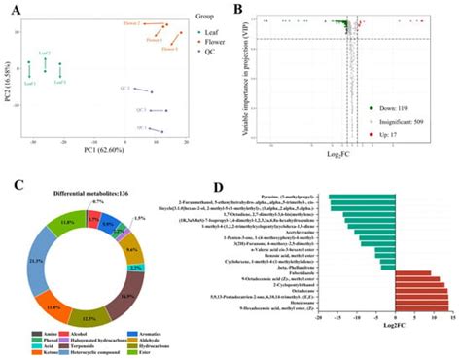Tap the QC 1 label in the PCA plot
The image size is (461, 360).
pos(141,127)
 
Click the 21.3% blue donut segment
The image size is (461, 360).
pos(44,262)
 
